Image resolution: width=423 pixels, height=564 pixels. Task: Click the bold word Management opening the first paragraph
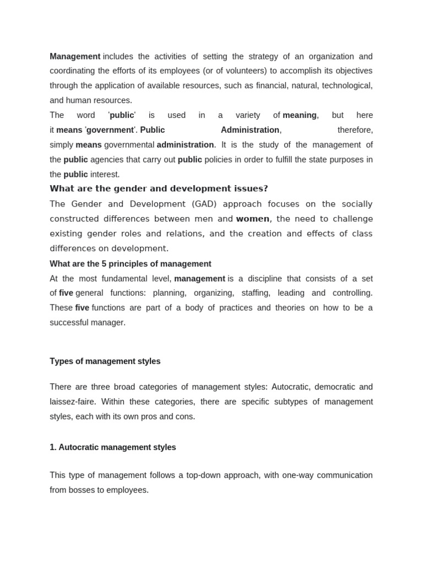75,56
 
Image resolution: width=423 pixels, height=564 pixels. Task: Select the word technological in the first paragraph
346,85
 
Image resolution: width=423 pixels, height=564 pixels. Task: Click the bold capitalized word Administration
250,130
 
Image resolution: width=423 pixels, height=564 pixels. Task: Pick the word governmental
129,145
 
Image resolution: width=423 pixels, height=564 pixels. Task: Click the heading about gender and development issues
159,188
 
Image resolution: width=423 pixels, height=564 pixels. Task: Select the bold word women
253,219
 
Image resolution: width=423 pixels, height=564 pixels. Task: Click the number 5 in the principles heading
104,264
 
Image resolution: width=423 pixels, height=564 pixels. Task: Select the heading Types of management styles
105,361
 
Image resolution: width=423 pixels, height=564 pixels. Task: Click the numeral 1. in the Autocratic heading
53,447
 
